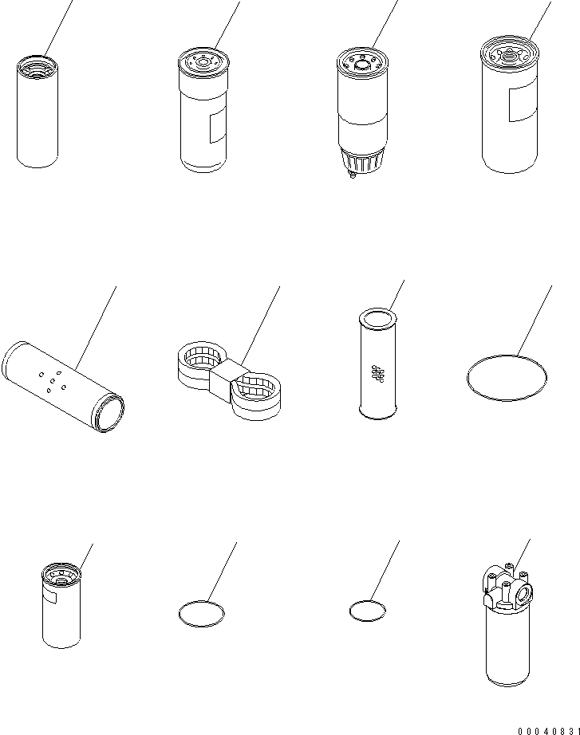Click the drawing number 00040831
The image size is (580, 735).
pyautogui.click(x=549, y=731)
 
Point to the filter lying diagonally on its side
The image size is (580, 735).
pyautogui.click(x=63, y=387)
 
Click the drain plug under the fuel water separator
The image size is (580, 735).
pyautogui.click(x=350, y=175)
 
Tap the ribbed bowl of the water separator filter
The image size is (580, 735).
pyautogui.click(x=362, y=160)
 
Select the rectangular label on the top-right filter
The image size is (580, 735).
pyautogui.click(x=523, y=103)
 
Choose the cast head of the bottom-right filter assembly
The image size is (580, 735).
pyautogui.click(x=507, y=588)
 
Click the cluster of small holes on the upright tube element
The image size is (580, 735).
pyautogui.click(x=377, y=374)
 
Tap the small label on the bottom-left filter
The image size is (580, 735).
pyautogui.click(x=49, y=598)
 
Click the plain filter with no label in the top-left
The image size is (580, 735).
pyautogui.click(x=37, y=112)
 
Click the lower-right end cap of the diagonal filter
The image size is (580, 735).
pyautogui.click(x=110, y=412)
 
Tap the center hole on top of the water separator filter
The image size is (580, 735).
pyautogui.click(x=361, y=65)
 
